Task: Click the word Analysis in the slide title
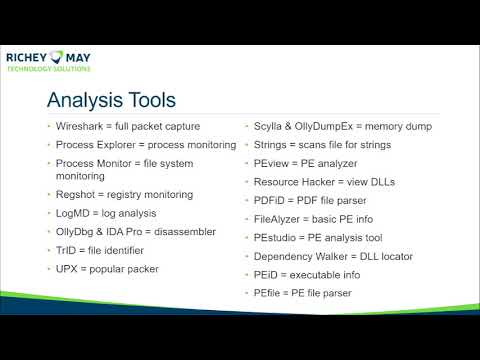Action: pyautogui.click(x=90, y=101)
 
